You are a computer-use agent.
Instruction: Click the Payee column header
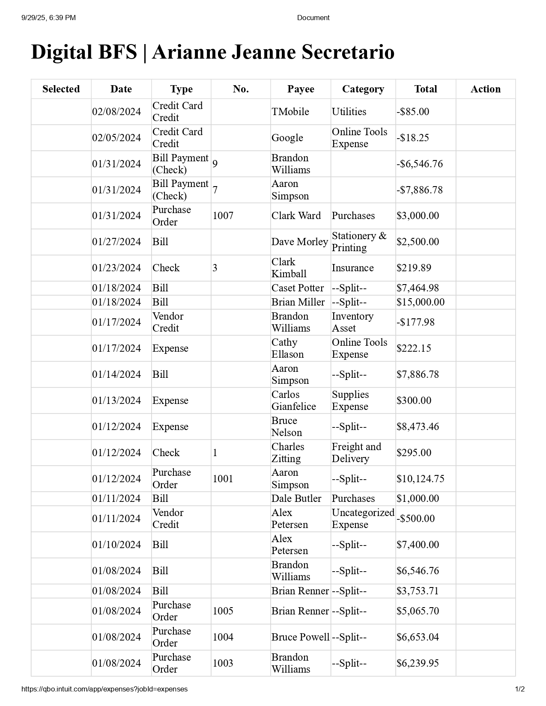click(x=301, y=89)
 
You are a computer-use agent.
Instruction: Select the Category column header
click(x=363, y=89)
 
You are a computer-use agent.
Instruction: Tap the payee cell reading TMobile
click(x=290, y=112)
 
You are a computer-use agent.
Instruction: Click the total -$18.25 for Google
click(x=412, y=138)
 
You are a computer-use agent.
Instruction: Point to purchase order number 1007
click(x=223, y=216)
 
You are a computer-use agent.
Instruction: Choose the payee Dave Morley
click(x=299, y=242)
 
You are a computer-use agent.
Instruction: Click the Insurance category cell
click(x=352, y=268)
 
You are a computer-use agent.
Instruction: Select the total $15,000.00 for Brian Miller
click(x=420, y=302)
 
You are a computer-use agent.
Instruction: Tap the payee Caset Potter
click(x=297, y=288)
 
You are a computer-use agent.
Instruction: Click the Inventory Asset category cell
click(x=352, y=322)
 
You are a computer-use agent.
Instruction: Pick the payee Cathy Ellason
click(x=287, y=348)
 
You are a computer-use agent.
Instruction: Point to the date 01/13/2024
click(x=116, y=400)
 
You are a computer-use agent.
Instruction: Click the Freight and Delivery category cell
click(x=356, y=453)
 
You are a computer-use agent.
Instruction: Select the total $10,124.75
click(x=420, y=479)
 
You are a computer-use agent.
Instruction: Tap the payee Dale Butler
click(x=296, y=498)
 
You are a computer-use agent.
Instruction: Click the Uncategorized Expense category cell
click(x=363, y=519)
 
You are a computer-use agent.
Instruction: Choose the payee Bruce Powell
click(x=300, y=637)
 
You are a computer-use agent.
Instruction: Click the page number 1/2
click(x=519, y=689)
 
